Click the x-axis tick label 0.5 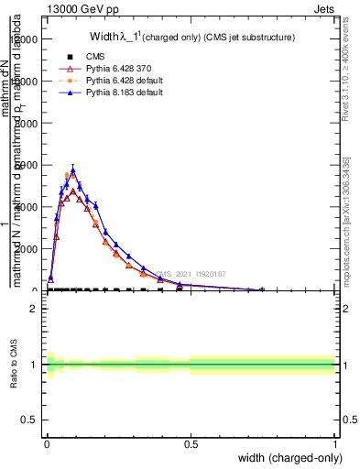pyautogui.click(x=191, y=444)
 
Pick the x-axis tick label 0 pyautogui.click(x=47, y=444)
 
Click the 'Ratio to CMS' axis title pyautogui.click(x=13, y=365)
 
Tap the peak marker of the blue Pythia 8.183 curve pyautogui.click(x=73, y=169)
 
